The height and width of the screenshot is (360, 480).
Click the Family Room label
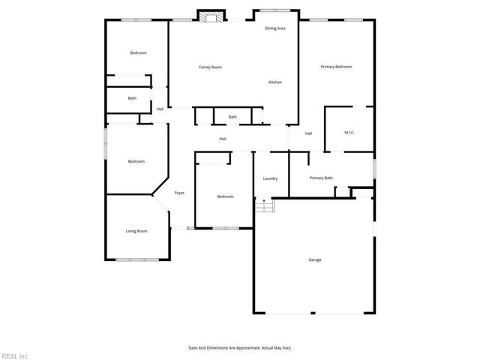(210, 67)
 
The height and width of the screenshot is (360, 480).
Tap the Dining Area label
(275, 28)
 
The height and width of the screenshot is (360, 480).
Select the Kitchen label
(275, 82)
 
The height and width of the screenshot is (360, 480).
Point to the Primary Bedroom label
(336, 67)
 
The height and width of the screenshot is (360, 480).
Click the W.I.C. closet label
(349, 133)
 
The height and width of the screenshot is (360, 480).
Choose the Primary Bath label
(321, 178)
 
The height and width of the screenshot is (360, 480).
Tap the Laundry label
(271, 178)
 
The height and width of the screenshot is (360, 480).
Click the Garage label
(315, 260)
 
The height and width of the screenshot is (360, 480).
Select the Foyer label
(180, 193)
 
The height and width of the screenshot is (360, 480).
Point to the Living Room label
(136, 231)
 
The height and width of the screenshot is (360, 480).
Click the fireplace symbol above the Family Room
(211, 15)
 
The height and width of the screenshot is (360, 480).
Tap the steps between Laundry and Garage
(262, 205)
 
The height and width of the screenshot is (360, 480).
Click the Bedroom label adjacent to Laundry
(225, 196)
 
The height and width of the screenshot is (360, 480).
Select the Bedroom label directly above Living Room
(136, 161)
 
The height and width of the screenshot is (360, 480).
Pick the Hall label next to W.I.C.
(308, 133)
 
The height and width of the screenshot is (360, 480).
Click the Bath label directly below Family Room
(232, 117)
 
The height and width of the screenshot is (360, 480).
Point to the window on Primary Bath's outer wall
(373, 168)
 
